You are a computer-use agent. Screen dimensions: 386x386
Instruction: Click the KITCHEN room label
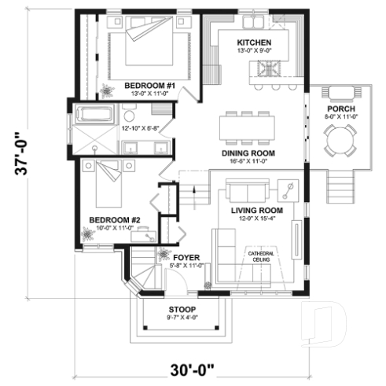coord(255,42)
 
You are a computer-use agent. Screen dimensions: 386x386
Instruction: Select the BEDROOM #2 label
coord(114,219)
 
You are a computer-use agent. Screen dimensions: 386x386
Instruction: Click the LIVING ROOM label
coord(255,211)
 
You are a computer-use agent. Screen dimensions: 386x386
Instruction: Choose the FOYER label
coord(187,257)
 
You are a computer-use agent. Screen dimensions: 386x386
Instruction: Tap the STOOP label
coord(182,309)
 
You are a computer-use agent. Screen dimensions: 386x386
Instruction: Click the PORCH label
coord(341,108)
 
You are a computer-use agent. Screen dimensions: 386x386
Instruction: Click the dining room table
coord(248,125)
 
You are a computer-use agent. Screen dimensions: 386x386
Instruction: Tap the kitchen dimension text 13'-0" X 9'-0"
coord(255,51)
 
